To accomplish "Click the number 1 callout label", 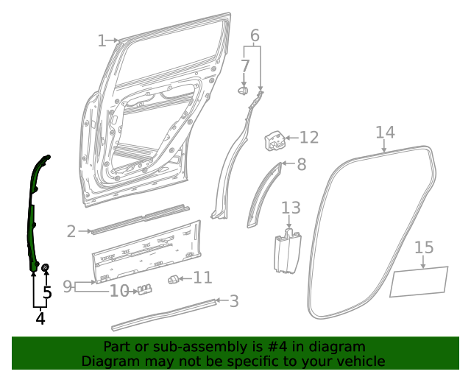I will click(102, 40).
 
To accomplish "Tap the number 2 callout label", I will click(71, 231).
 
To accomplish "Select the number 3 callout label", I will click(234, 300).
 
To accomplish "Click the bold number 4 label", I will click(40, 319).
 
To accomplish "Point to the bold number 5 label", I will click(47, 293).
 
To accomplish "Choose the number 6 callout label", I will click(255, 35).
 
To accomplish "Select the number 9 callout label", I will click(68, 286).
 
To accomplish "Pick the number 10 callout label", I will click(119, 292).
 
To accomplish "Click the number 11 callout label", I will click(202, 278).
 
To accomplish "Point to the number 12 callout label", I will click(309, 137).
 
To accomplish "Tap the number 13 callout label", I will click(291, 208).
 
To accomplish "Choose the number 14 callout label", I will click(385, 133).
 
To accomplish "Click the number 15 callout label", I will click(424, 247).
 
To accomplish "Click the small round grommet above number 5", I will click(46, 266).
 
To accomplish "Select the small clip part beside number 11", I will click(174, 278).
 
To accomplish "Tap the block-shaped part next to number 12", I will click(274, 138).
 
